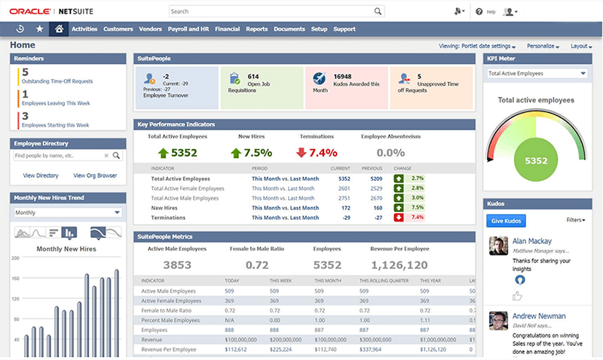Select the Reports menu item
[x=256, y=29]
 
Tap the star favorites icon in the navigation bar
[x=39, y=29]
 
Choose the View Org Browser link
[x=96, y=175]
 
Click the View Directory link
[x=41, y=175]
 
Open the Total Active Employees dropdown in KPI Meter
[x=536, y=73]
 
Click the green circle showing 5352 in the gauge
[x=536, y=160]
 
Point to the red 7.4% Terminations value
[x=323, y=153]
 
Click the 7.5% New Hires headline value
[x=257, y=153]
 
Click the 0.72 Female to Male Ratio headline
[x=257, y=264]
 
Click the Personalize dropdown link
[x=543, y=46]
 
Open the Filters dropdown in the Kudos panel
[x=575, y=220]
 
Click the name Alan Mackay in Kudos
[x=533, y=241]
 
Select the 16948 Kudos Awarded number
[x=322, y=76]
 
